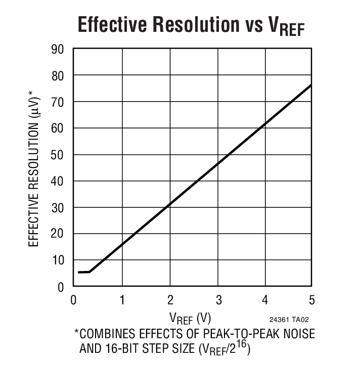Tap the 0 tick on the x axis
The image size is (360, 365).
click(x=74, y=300)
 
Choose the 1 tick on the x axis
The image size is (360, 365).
click(x=122, y=300)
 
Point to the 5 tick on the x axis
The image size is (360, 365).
click(x=311, y=300)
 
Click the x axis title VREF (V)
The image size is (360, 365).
click(x=190, y=318)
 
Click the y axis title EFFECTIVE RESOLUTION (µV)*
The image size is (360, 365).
click(x=34, y=168)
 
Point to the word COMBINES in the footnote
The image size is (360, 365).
click(x=108, y=334)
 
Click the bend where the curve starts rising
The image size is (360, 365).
click(x=90, y=271)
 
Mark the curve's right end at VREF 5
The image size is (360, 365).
click(x=311, y=85)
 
